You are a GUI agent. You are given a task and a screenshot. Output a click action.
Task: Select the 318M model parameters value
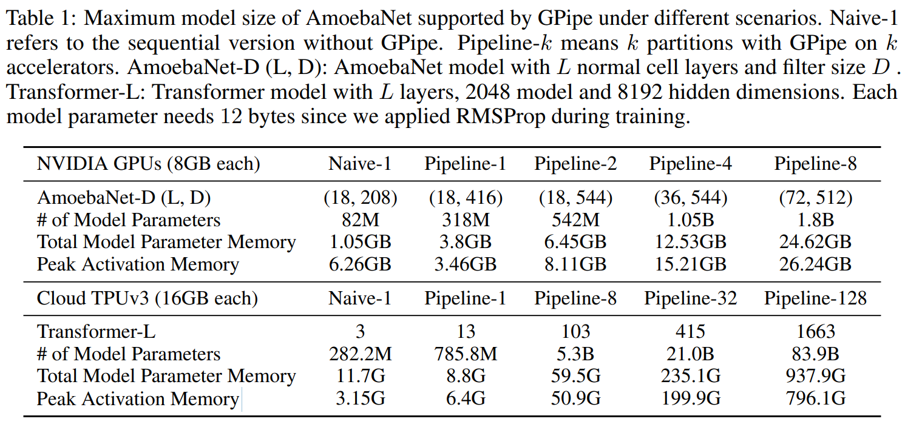coord(466,220)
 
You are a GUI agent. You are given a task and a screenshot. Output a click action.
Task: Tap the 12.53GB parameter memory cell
coord(690,242)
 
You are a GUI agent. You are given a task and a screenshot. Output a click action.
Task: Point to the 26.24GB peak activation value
coord(815,264)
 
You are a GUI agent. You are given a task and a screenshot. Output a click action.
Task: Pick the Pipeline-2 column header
coord(575,164)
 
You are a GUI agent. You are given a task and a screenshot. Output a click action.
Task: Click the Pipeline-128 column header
coord(815,298)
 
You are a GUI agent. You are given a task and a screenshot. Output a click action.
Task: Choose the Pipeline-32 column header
coord(690,298)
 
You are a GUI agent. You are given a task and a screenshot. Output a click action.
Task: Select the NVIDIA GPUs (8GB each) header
coord(149,164)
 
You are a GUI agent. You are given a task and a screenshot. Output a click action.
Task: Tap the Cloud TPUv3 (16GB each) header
coord(147,298)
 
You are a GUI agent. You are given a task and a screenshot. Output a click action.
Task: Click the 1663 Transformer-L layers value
coord(815,332)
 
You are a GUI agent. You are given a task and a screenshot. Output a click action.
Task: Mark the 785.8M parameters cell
coord(466,354)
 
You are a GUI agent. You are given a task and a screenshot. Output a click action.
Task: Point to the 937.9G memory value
coord(815,377)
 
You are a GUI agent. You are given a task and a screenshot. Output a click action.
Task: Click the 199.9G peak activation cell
coord(690,399)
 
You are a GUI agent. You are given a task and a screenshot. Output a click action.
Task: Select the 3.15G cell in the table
coord(361,399)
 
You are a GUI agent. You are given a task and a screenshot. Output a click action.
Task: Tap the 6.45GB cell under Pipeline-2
coord(575,242)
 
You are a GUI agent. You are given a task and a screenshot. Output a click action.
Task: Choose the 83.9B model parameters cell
coord(815,354)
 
